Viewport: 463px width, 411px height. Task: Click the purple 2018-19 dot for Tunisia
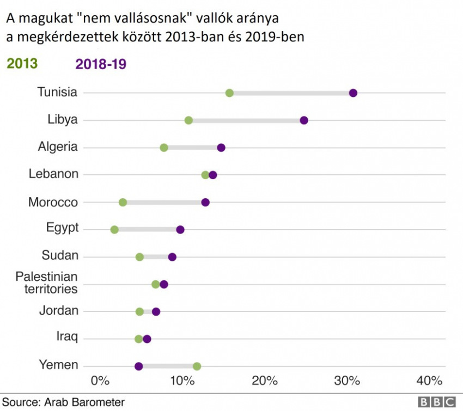click(x=353, y=93)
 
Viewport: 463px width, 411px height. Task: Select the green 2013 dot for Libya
click(x=188, y=120)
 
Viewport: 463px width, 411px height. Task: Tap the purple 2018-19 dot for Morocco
click(x=205, y=203)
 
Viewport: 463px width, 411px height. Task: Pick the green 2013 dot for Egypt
click(x=114, y=230)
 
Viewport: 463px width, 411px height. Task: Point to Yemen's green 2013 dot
click(x=197, y=366)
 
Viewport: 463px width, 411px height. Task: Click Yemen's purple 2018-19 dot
click(x=138, y=366)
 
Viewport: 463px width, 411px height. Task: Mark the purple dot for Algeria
click(x=221, y=148)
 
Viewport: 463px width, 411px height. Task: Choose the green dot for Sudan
click(x=139, y=257)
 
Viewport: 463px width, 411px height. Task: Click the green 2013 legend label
click(x=22, y=64)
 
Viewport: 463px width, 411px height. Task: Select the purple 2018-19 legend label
click(x=101, y=64)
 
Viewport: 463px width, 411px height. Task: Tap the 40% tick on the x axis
click(x=430, y=380)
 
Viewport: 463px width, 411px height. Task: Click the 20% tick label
click(x=265, y=380)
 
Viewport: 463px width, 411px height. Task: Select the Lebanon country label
click(x=53, y=174)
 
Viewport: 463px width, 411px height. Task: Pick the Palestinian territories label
click(x=47, y=283)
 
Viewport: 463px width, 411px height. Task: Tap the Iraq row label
click(x=67, y=338)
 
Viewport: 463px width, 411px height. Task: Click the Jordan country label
click(x=59, y=311)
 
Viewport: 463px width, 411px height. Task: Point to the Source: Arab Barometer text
click(x=63, y=402)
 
